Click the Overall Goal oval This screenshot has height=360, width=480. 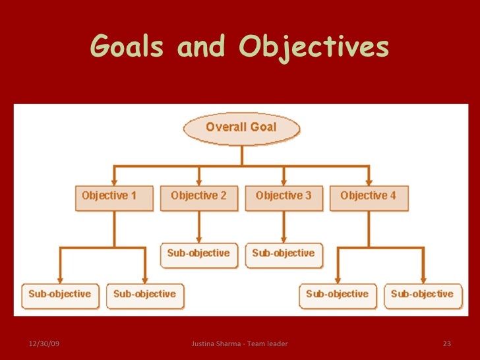pos(241,128)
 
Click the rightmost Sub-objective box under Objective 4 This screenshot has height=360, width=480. pos(422,295)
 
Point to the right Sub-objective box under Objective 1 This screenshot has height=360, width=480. pos(145,295)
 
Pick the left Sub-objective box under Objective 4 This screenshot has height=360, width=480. pos(338,295)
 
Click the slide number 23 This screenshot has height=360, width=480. pos(446,344)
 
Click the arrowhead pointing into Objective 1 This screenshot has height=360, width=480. pos(113,181)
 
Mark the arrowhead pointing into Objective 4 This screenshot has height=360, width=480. pos(369,181)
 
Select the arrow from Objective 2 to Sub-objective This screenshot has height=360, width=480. pos(198,227)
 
